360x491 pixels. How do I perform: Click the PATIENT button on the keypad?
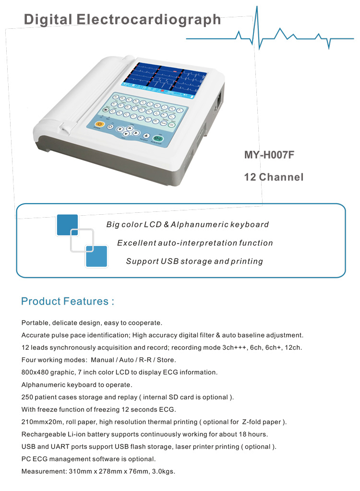(x=146, y=136)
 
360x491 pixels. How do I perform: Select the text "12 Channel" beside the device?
(x=274, y=177)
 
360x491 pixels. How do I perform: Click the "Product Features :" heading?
(x=68, y=302)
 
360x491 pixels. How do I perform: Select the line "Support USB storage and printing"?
(x=194, y=261)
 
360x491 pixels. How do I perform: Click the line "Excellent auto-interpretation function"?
(x=195, y=243)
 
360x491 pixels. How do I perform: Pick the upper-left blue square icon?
(x=67, y=224)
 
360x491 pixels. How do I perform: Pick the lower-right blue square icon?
(x=96, y=256)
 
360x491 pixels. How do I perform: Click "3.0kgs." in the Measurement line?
(x=163, y=471)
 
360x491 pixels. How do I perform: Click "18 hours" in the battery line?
(x=252, y=434)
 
